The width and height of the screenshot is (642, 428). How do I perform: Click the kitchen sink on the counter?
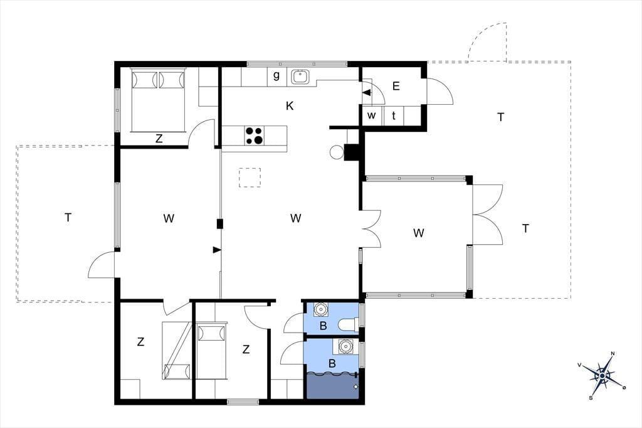pos(300,77)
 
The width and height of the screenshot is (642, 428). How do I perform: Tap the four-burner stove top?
pos(255,136)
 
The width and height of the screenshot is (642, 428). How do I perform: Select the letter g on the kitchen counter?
pos(276,75)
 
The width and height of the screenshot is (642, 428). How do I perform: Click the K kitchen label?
pos(290,106)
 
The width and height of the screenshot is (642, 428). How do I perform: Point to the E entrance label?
pos(396,86)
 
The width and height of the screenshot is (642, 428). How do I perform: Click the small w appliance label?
pos(371,115)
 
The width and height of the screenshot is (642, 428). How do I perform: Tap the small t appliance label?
pos(394,115)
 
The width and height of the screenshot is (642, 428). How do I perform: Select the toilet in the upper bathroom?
pos(348,324)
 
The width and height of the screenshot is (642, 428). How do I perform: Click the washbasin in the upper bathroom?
pos(320,309)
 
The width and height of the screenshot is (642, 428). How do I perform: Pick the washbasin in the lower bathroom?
pos(346,346)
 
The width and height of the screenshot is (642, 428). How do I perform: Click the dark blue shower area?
pos(332,385)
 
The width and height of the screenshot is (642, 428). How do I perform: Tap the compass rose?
pos(602,375)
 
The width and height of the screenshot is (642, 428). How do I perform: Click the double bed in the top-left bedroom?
pos(157,100)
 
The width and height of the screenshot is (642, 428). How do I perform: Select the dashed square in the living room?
pos(250,178)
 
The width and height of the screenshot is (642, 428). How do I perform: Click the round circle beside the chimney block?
pos(336,152)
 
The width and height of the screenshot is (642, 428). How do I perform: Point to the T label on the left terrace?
pos(68,218)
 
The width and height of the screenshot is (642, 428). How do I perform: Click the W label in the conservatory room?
pos(418,233)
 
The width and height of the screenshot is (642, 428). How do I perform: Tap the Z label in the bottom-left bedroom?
pos(140,341)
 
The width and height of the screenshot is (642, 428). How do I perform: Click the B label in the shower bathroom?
pos(332,363)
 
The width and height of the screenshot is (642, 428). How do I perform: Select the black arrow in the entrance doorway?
pos(367,93)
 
